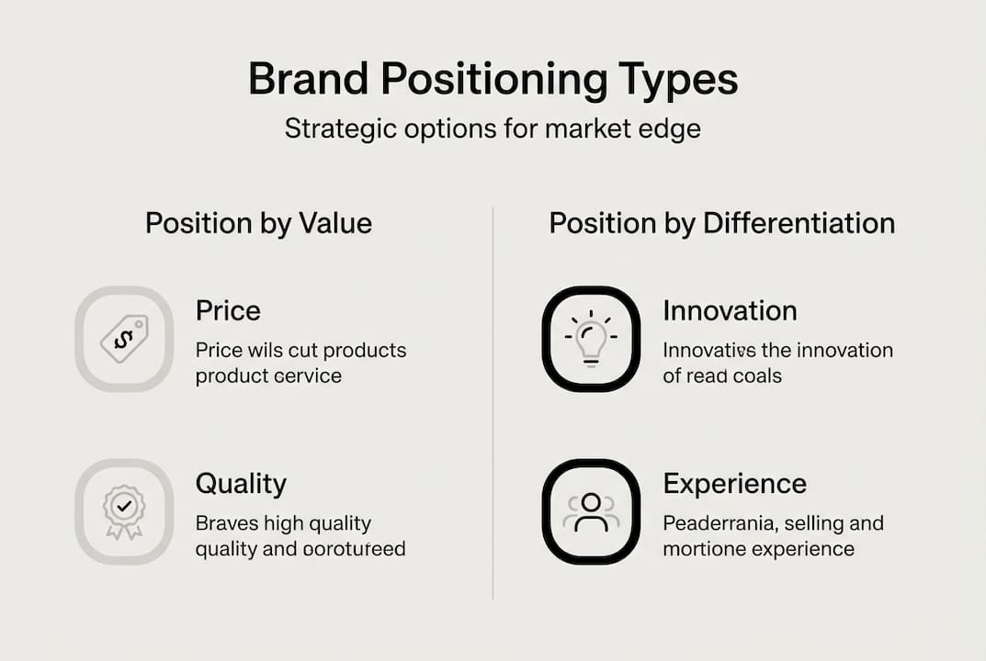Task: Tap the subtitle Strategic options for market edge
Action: click(x=493, y=129)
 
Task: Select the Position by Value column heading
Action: click(x=258, y=223)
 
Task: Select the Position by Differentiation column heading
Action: click(x=721, y=223)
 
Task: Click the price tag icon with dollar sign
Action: click(x=124, y=339)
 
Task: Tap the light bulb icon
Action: click(x=590, y=339)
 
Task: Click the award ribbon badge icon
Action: click(x=124, y=510)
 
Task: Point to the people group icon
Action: click(x=590, y=511)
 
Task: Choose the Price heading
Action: click(x=228, y=310)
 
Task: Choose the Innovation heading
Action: click(x=730, y=310)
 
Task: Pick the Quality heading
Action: click(x=241, y=484)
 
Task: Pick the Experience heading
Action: click(x=734, y=484)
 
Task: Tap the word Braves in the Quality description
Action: click(x=226, y=523)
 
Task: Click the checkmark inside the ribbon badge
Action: click(x=124, y=504)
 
